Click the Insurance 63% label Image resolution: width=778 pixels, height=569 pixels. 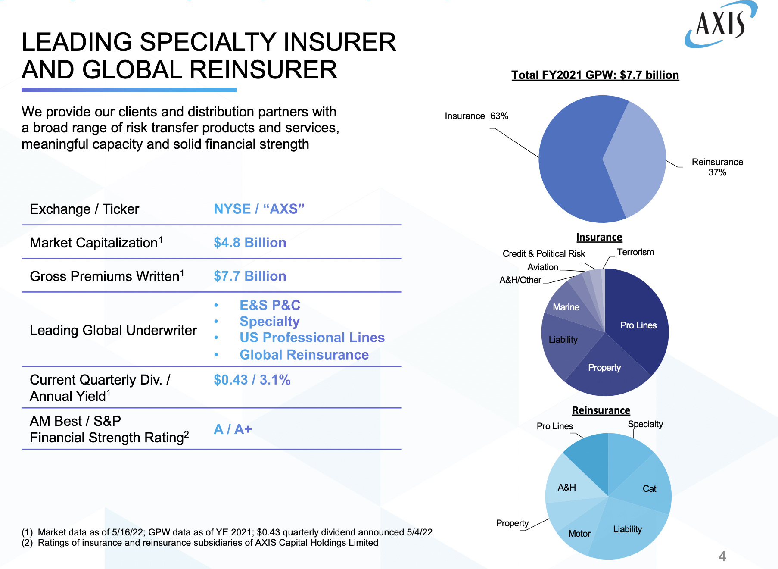tap(476, 116)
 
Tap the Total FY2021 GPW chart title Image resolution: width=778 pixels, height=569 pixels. tap(595, 75)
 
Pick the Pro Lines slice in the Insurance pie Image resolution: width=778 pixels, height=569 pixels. tap(638, 325)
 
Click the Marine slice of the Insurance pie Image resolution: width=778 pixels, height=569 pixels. tap(566, 307)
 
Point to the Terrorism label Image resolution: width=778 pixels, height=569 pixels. tap(635, 252)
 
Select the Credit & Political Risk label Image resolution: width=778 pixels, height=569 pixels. tap(544, 254)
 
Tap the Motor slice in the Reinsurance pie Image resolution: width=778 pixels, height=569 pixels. tap(579, 534)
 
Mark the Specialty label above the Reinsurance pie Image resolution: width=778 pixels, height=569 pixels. tap(645, 424)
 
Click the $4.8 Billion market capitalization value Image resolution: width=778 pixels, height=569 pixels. tap(250, 243)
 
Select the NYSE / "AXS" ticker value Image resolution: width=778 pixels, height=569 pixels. tap(259, 209)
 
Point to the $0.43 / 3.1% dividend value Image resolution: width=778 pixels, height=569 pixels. tap(252, 380)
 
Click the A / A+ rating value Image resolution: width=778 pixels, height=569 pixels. tap(233, 429)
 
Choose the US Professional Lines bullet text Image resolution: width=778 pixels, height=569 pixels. tap(312, 338)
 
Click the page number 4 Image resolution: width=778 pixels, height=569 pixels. tap(722, 556)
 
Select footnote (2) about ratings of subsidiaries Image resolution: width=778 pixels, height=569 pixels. tap(200, 543)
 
